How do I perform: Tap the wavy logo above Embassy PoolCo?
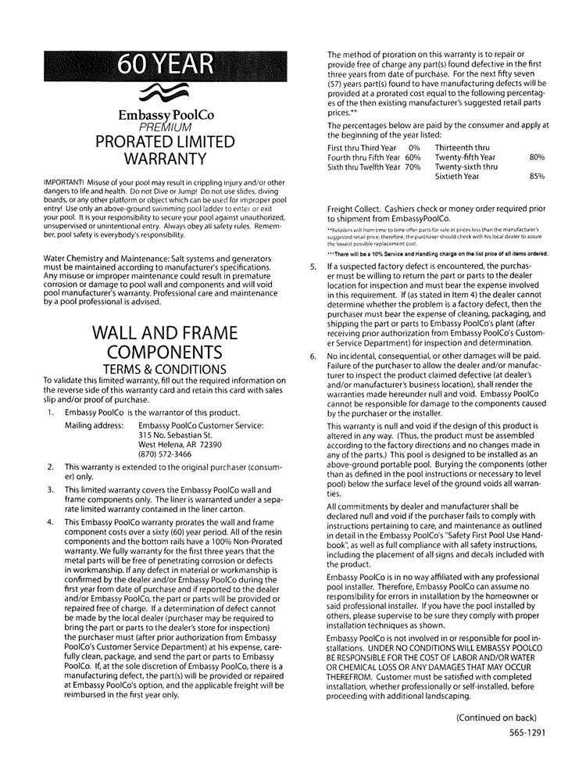pyautogui.click(x=166, y=93)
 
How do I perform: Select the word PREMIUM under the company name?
pyautogui.click(x=166, y=127)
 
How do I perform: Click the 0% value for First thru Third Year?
pyautogui.click(x=413, y=147)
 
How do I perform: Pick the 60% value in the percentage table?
pyautogui.click(x=413, y=157)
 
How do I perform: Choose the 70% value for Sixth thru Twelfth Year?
pyautogui.click(x=413, y=166)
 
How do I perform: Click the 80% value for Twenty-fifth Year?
pyautogui.click(x=537, y=157)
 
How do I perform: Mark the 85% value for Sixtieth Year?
pyautogui.click(x=537, y=177)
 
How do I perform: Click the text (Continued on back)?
pyautogui.click(x=496, y=717)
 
